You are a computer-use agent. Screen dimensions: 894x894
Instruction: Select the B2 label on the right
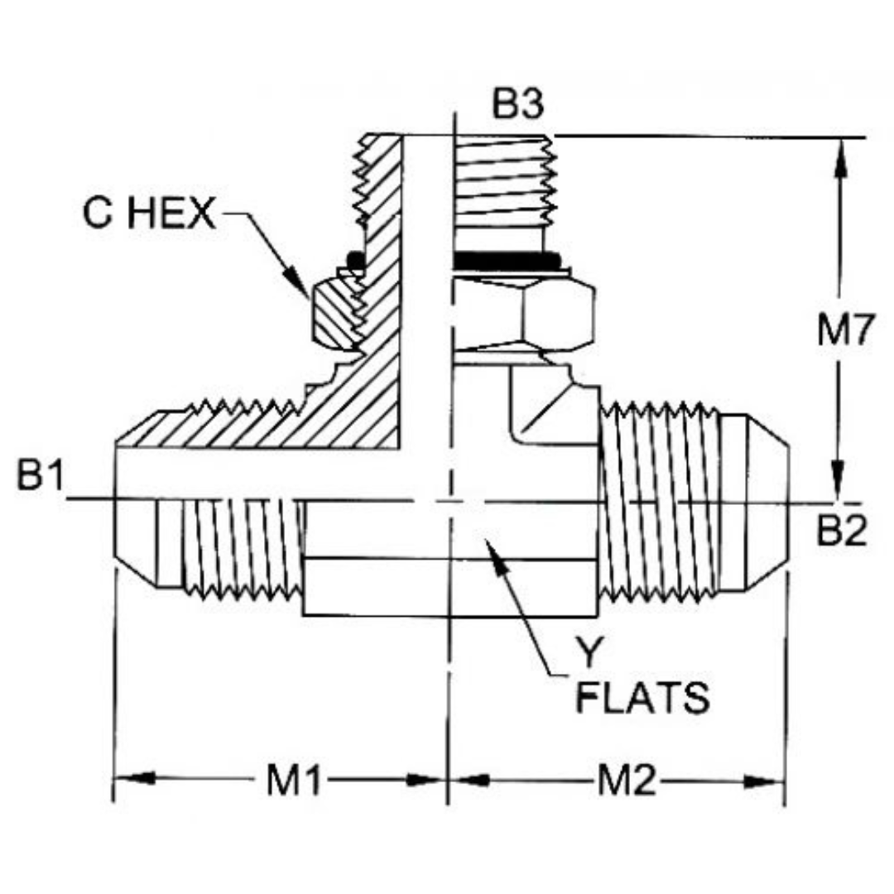pos(841,532)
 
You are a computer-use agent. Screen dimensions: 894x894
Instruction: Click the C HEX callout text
pos(148,214)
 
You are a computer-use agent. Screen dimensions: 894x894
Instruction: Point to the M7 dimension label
pos(844,332)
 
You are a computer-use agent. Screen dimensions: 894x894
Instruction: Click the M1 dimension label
pos(293,781)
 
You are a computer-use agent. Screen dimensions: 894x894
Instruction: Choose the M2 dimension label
pos(627,781)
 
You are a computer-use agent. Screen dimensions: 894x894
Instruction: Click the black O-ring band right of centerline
pos(507,262)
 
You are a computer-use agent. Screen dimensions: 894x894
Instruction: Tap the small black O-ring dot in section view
pos(356,260)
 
